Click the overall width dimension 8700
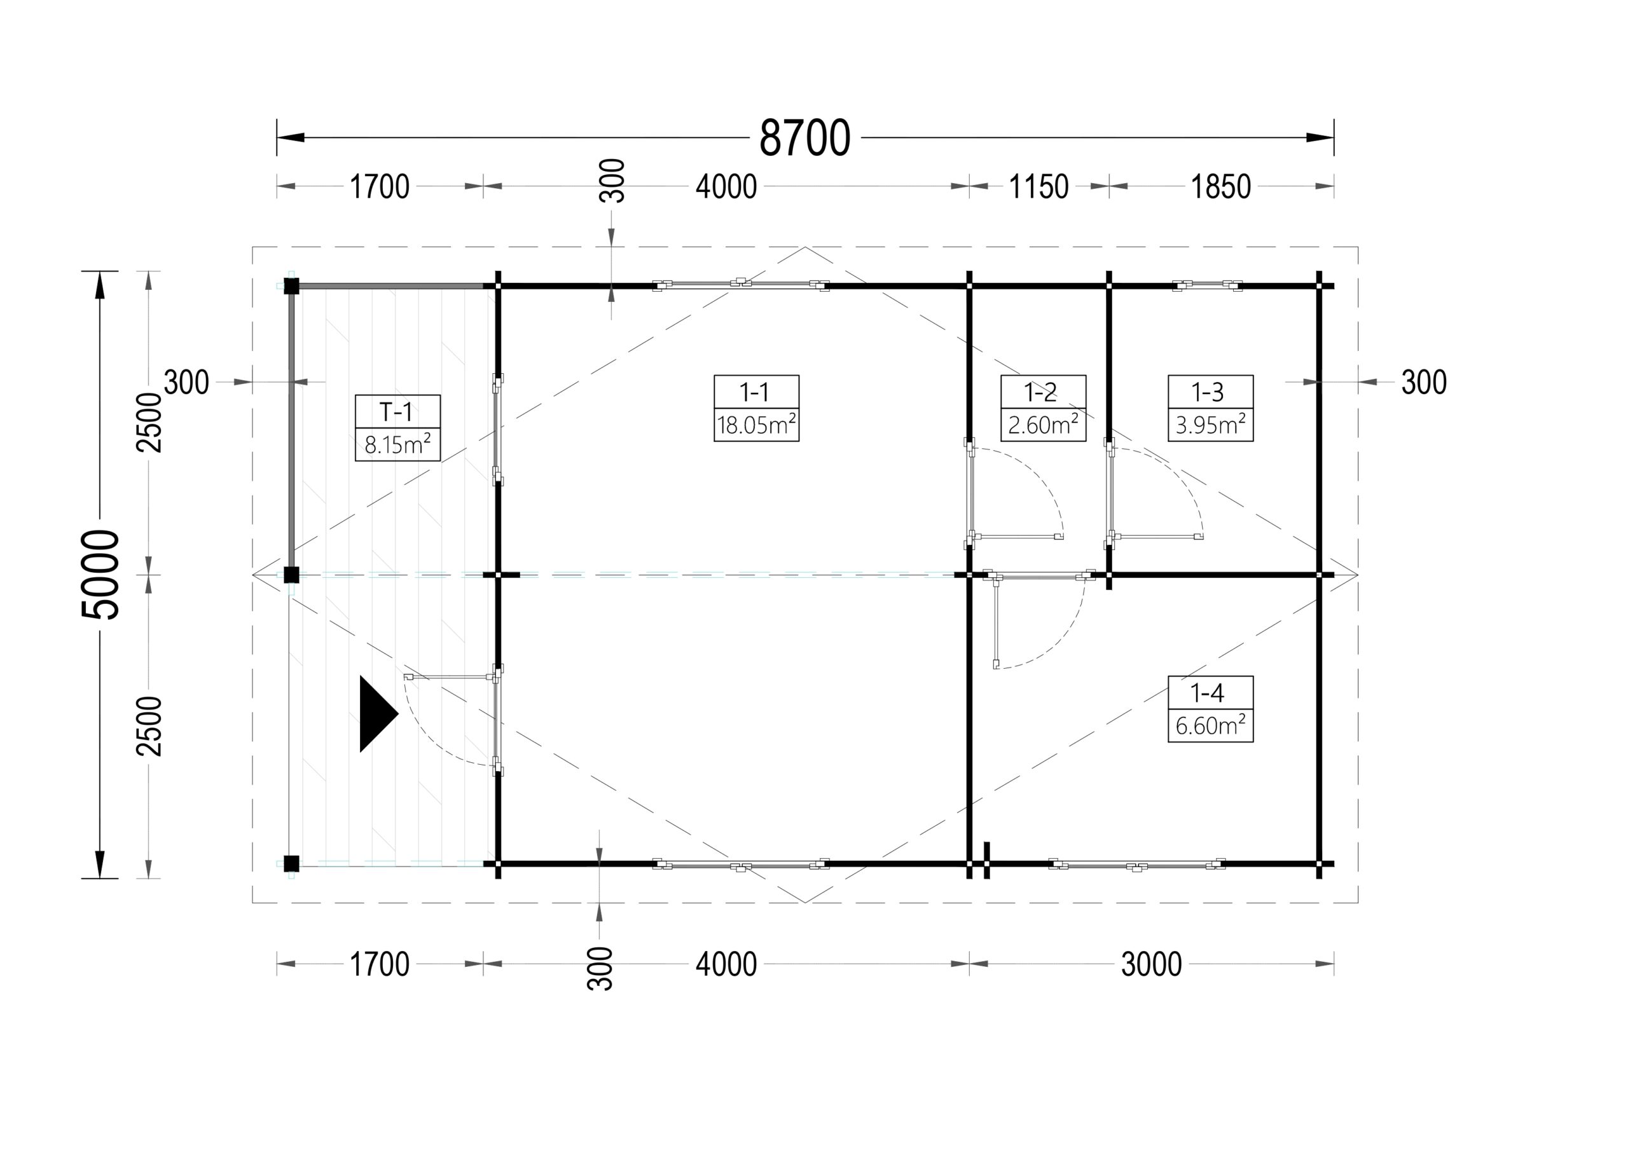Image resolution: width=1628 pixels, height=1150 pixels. (805, 137)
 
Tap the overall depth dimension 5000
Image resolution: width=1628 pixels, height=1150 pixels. (100, 574)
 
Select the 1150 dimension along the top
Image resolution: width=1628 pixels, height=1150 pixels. (1038, 187)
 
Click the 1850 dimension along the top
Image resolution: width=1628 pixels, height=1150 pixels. (1220, 187)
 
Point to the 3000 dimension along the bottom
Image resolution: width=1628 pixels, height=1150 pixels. (1152, 964)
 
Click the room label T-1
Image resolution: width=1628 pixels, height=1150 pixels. (396, 412)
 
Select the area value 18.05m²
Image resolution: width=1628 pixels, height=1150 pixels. (756, 425)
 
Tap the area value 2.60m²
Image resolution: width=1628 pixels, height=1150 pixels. (1043, 425)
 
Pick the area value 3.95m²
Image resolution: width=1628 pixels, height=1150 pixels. (1210, 425)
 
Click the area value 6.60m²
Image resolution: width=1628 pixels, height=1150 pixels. (1210, 725)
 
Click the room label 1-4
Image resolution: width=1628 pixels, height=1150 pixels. (1208, 693)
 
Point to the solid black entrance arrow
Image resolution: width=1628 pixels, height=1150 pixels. (378, 714)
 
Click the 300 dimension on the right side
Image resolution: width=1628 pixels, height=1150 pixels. (1424, 383)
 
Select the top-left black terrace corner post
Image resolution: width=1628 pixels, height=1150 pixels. (291, 287)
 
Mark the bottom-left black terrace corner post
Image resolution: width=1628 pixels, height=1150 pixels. (291, 863)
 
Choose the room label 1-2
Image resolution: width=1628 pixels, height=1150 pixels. (1040, 392)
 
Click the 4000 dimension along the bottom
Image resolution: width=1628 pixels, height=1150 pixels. (726, 964)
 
